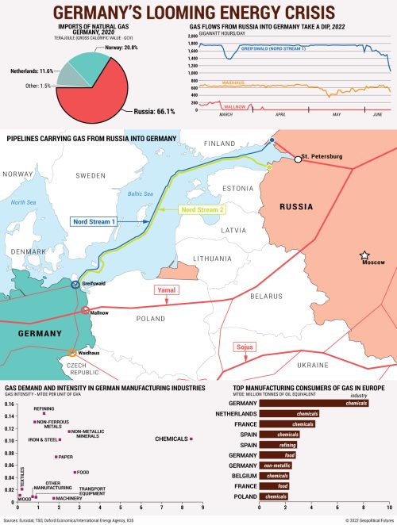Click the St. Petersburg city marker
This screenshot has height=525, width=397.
298,159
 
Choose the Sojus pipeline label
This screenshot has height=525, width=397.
244,347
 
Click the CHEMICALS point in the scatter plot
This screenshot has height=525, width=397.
191,439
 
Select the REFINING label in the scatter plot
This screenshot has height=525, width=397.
44,407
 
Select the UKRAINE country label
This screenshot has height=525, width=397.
314,365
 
